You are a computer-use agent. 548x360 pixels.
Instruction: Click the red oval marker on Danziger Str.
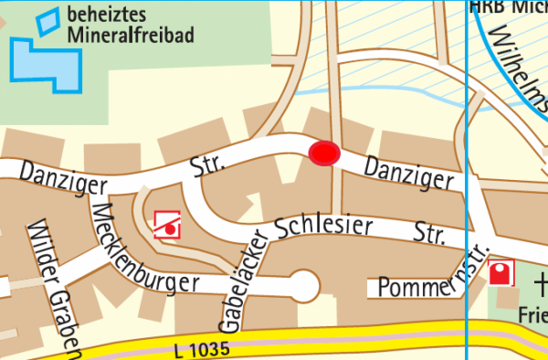pos(324,154)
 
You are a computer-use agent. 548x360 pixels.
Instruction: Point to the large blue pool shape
pos(45,63)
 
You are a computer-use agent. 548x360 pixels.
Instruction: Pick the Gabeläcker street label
pos(241,278)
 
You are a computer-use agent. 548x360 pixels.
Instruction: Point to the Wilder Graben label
pos(55,288)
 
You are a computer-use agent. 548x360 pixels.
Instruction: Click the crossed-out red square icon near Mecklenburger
pos(167,224)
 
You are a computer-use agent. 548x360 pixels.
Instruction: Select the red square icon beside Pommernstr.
pos(501,272)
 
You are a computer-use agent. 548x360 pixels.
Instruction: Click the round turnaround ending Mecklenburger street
pos(304,287)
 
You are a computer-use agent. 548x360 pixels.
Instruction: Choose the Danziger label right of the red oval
pos(408,173)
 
